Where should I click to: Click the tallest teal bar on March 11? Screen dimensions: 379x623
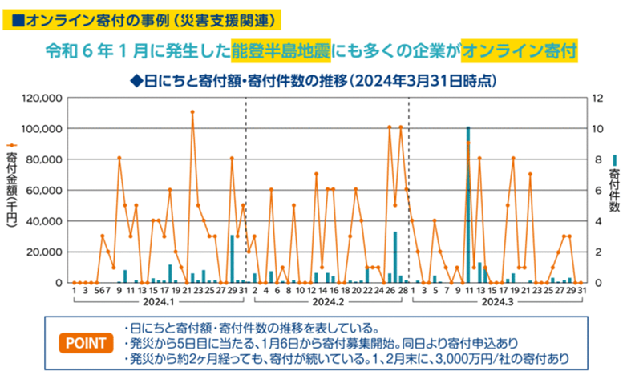coord(468,204)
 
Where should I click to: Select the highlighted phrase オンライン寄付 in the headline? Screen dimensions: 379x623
coord(520,52)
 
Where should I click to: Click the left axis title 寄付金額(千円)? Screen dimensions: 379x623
coord(12,189)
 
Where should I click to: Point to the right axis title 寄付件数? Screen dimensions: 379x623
coord(613,189)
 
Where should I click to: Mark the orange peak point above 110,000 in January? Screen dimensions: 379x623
coord(192,112)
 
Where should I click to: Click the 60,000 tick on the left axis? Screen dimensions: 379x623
coord(45,190)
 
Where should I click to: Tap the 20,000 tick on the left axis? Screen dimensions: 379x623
coord(45,252)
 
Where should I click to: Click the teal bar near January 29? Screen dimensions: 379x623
coord(233,259)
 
